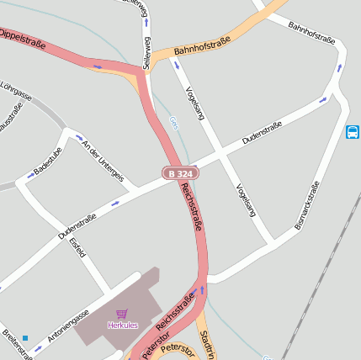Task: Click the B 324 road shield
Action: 180,173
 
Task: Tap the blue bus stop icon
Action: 352,132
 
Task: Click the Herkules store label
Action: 122,325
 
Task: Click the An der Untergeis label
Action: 103,160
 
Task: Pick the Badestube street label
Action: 47,158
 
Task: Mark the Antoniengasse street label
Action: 68,325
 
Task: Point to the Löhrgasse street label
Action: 15,91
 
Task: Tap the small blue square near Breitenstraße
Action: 25,338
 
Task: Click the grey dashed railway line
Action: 321,286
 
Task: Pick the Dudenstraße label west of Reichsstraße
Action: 77,225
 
